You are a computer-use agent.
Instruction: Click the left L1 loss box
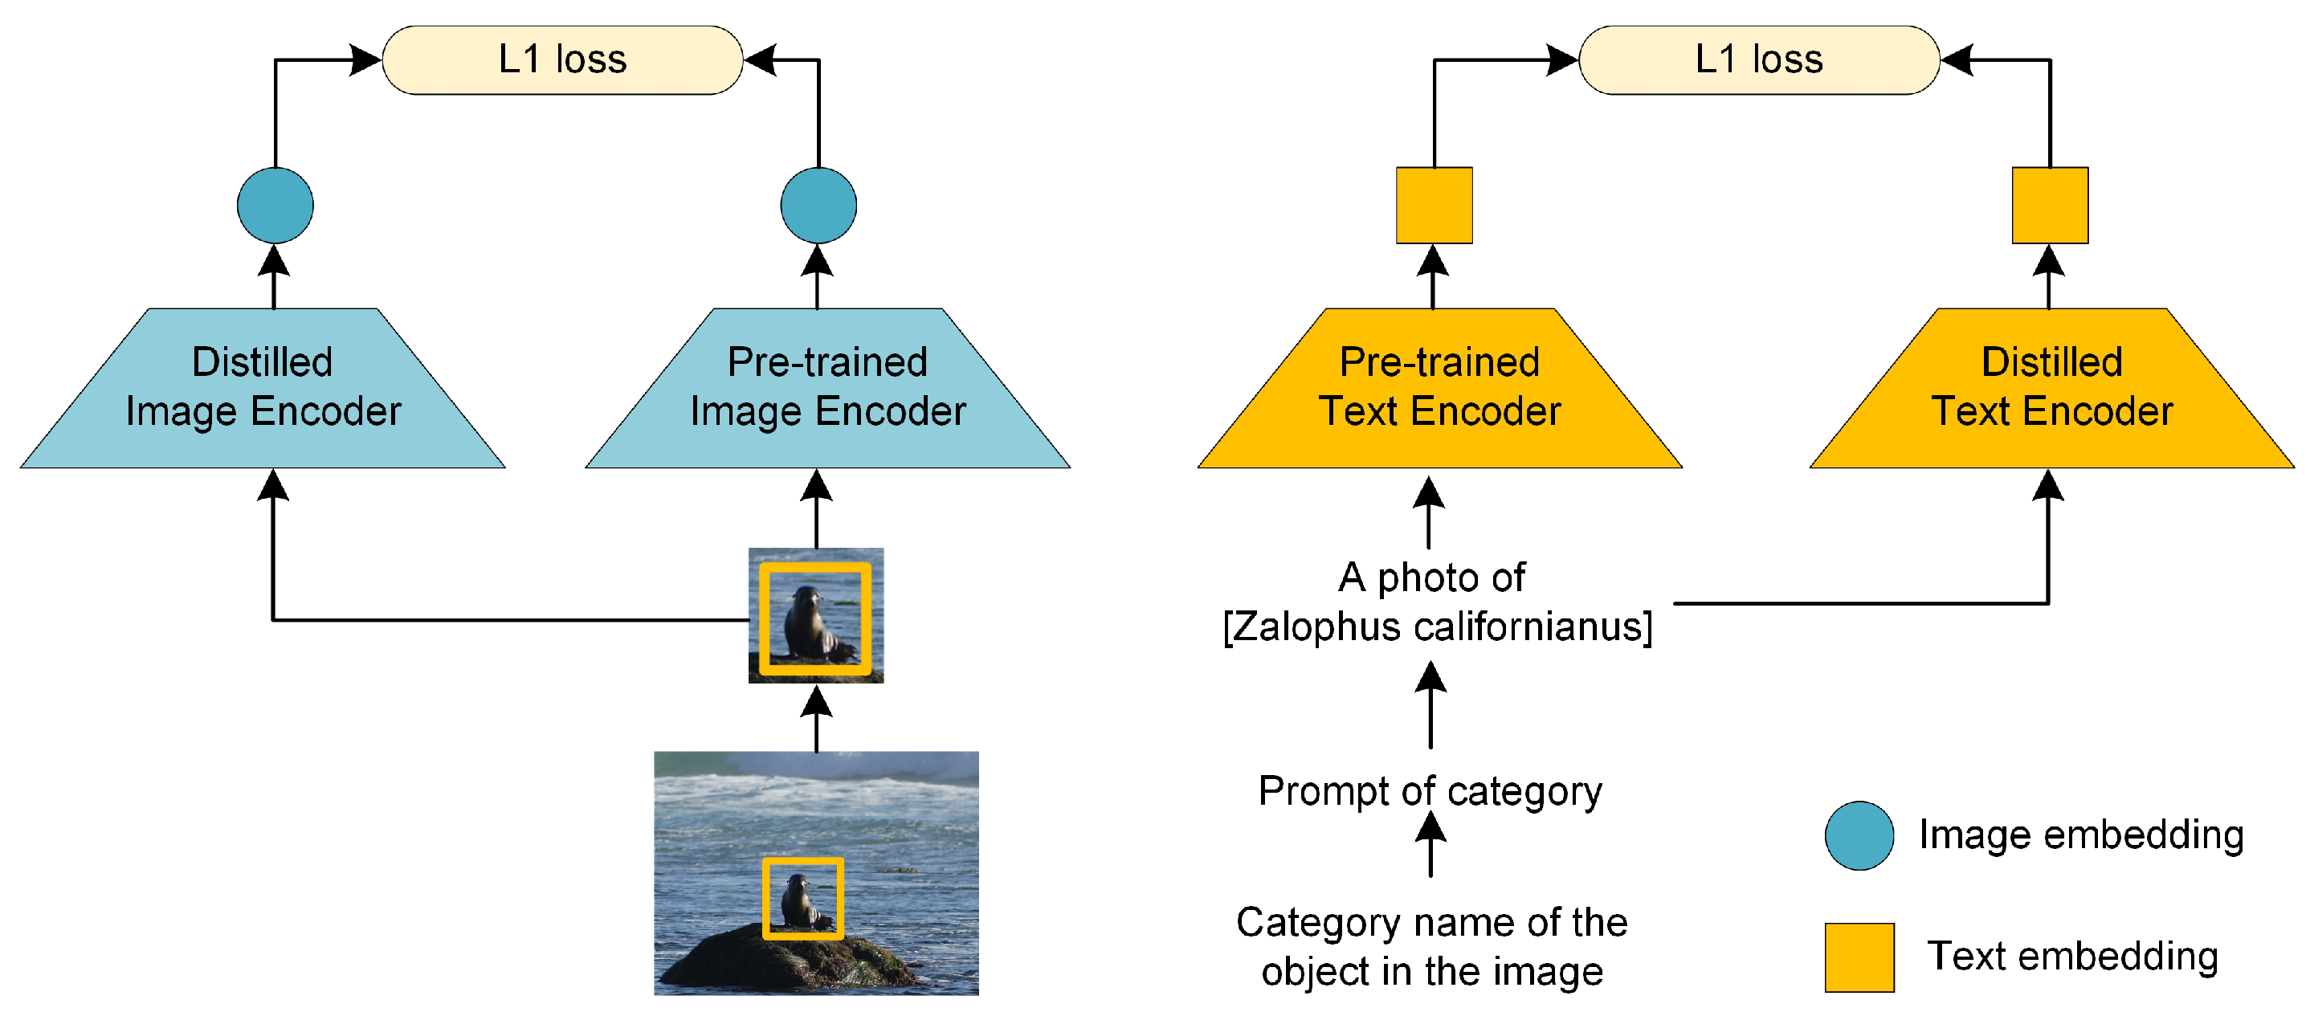click(x=562, y=60)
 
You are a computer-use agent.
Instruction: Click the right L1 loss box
click(x=1758, y=60)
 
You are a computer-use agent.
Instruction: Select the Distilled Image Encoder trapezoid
click(x=263, y=388)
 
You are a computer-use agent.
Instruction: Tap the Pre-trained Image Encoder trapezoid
click(x=826, y=388)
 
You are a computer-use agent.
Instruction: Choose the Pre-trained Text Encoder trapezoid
click(x=1439, y=388)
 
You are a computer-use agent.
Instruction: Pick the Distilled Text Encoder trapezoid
click(x=2051, y=388)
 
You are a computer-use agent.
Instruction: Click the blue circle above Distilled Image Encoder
click(x=275, y=206)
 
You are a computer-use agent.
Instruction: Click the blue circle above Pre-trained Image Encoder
click(x=818, y=206)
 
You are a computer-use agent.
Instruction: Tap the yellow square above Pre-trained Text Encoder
click(x=1434, y=206)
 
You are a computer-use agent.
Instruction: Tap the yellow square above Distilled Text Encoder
click(x=2050, y=206)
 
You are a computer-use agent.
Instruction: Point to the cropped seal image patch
click(x=816, y=616)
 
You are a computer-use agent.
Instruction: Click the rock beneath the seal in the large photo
click(x=789, y=964)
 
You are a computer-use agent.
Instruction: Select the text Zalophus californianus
click(x=1438, y=626)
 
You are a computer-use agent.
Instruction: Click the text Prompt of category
click(x=1430, y=791)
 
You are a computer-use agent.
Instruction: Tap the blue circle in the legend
click(x=1859, y=835)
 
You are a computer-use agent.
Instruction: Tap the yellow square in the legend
click(x=1859, y=957)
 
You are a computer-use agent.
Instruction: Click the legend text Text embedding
click(x=2071, y=957)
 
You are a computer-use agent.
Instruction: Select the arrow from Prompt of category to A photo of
click(x=1430, y=706)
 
